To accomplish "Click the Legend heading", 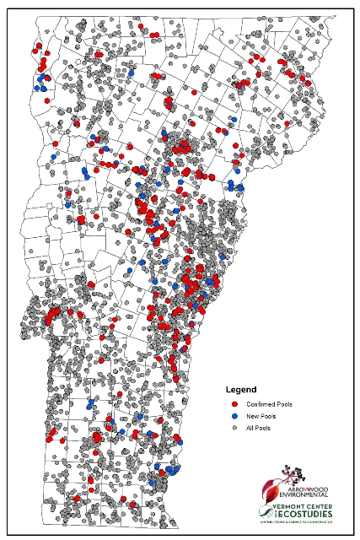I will [240, 390].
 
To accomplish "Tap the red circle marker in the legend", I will [234, 404].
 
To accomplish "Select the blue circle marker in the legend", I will [234, 416].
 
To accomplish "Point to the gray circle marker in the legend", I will [234, 429].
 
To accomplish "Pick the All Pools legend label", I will [257, 429].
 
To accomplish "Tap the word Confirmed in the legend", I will [261, 404].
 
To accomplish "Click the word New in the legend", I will [250, 416].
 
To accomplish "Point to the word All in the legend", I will [248, 429].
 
